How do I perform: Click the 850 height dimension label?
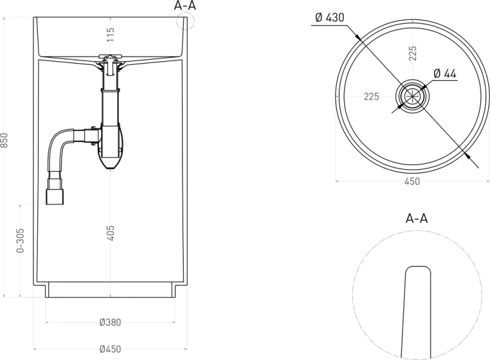(x=4, y=140)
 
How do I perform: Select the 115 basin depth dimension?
(x=110, y=34)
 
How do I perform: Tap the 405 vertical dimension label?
(x=110, y=233)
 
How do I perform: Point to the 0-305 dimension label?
(x=20, y=241)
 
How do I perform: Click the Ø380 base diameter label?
(x=110, y=322)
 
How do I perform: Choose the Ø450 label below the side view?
(x=110, y=349)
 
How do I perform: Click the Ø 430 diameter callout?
(x=330, y=17)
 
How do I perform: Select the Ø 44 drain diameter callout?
(x=445, y=74)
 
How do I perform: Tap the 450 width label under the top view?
(x=412, y=181)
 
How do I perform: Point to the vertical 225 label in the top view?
(x=413, y=53)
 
